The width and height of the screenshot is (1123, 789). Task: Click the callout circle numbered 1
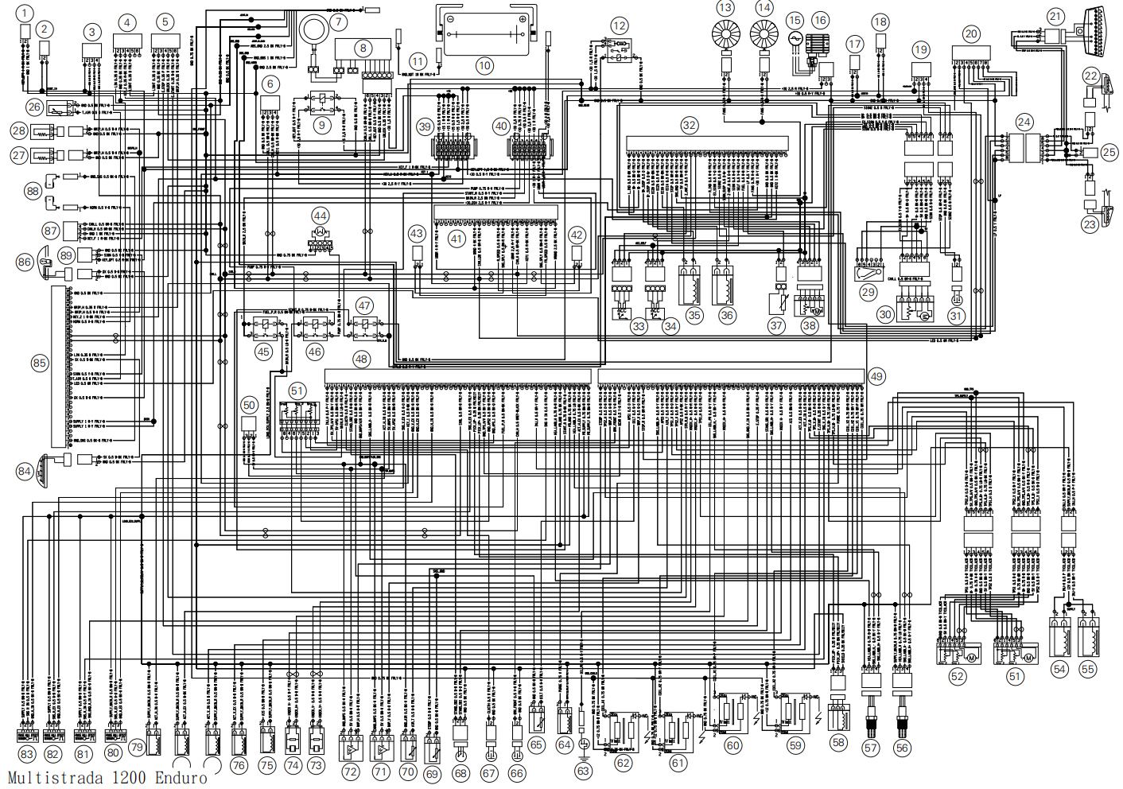click(x=25, y=14)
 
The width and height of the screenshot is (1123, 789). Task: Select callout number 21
click(x=1055, y=16)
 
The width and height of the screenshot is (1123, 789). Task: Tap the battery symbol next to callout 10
click(x=485, y=33)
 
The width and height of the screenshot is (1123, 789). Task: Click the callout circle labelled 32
click(x=690, y=125)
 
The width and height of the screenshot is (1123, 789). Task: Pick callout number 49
click(x=876, y=376)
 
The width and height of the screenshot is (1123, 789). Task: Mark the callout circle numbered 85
click(x=40, y=363)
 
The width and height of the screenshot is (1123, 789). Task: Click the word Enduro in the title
click(x=181, y=777)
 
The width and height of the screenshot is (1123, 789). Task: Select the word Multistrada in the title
click(x=56, y=777)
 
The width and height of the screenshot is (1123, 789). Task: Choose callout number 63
click(x=584, y=770)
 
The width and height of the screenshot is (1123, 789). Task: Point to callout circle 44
click(x=321, y=216)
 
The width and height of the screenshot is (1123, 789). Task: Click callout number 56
click(x=902, y=748)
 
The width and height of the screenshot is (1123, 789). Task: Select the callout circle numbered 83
click(x=28, y=754)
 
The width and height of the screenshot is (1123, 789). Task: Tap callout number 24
click(x=1024, y=122)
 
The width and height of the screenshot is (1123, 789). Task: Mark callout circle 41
click(x=457, y=239)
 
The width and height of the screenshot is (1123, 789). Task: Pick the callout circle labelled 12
click(x=620, y=26)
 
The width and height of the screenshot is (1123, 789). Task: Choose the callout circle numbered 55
click(x=1088, y=669)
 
